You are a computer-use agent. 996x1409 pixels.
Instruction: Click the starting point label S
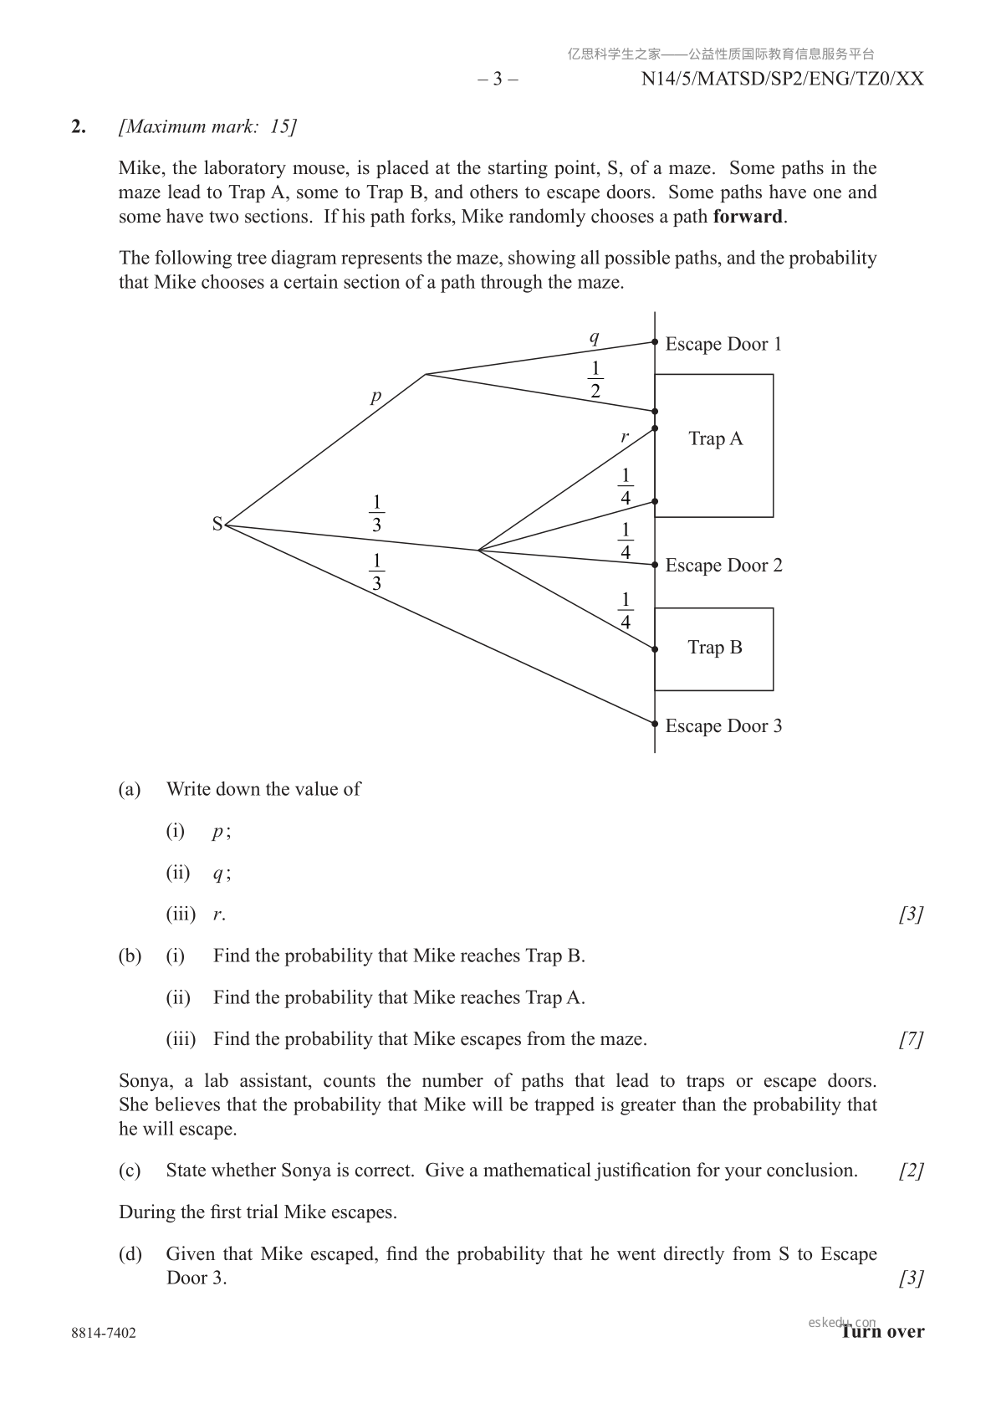(217, 525)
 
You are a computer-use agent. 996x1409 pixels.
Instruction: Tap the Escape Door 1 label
(723, 344)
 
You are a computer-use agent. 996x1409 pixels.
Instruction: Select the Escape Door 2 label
(723, 566)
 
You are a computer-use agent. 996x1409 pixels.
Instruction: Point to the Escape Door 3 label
(723, 726)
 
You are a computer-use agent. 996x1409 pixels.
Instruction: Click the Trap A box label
(715, 438)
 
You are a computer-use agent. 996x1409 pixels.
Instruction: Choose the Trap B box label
(714, 648)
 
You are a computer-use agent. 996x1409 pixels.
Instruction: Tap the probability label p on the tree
(375, 397)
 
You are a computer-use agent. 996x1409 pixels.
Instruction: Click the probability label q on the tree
(594, 337)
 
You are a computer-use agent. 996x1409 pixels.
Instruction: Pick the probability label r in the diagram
(624, 436)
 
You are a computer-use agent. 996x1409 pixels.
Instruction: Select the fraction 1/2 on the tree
(595, 380)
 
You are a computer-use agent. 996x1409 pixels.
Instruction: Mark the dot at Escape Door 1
(655, 342)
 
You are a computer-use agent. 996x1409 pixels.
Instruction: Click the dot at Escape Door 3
(655, 724)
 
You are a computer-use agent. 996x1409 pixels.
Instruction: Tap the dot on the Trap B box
(655, 648)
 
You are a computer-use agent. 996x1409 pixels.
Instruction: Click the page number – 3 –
(498, 79)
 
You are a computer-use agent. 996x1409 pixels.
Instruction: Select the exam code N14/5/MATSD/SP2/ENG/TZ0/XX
(782, 79)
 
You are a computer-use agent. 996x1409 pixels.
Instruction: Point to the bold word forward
(748, 217)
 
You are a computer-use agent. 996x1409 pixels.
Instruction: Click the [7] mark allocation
(911, 1039)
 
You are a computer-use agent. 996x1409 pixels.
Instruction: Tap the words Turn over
(883, 1332)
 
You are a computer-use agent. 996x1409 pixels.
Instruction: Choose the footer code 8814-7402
(104, 1333)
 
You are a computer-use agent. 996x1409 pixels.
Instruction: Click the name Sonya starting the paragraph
(144, 1081)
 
